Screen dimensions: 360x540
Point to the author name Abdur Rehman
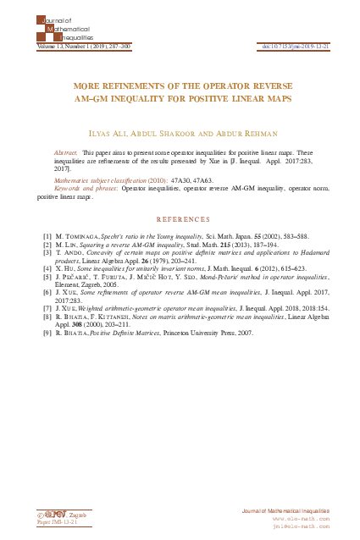tap(238, 133)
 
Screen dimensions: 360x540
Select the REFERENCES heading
tap(180, 219)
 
